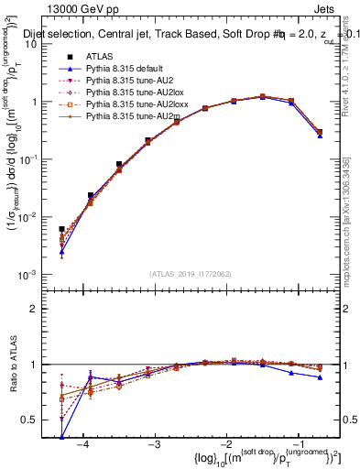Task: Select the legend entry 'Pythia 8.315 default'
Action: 118,69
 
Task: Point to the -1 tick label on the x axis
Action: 297,443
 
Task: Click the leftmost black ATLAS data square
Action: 61,229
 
